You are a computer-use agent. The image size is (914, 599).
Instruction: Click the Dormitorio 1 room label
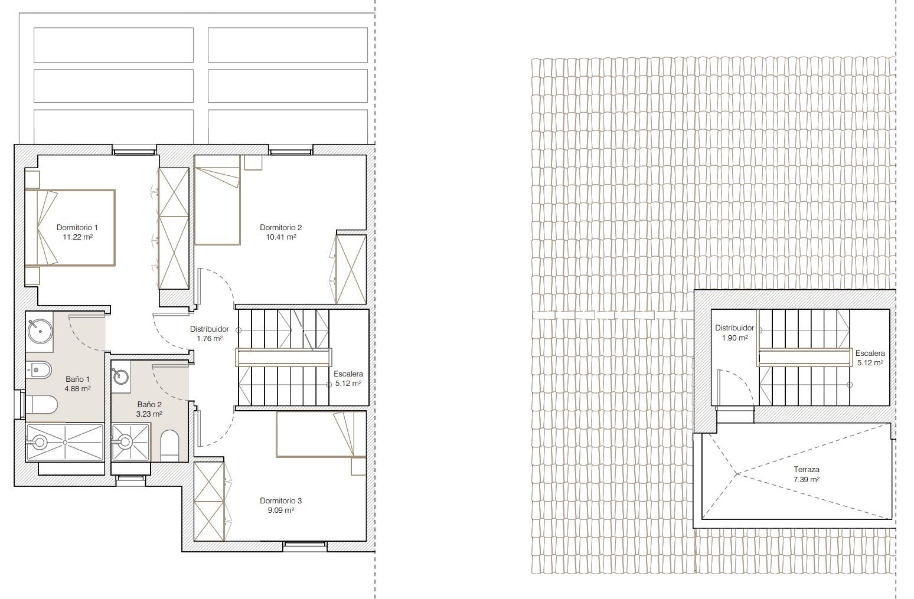click(x=77, y=228)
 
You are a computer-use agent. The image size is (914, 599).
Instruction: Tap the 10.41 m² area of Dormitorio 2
click(x=281, y=237)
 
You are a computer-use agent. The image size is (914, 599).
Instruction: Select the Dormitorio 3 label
click(x=280, y=500)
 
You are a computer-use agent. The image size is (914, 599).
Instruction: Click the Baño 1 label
click(x=77, y=379)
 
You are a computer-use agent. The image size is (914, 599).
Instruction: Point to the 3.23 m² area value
click(x=149, y=414)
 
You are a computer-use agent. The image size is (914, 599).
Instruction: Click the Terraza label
click(x=807, y=470)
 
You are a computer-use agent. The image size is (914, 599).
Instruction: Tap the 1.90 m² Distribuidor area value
click(x=735, y=338)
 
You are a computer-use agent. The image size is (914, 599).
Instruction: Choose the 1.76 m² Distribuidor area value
click(x=210, y=338)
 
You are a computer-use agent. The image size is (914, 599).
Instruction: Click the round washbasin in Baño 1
click(x=40, y=330)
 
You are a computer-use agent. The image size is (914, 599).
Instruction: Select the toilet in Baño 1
click(x=41, y=404)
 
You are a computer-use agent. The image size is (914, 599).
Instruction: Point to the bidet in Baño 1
click(x=39, y=370)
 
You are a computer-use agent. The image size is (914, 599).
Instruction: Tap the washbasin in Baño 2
click(x=121, y=377)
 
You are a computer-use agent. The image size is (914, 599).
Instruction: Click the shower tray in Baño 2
click(x=130, y=443)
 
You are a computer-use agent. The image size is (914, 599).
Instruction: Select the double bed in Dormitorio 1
click(x=70, y=228)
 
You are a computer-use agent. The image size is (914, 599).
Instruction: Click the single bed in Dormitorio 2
click(x=217, y=200)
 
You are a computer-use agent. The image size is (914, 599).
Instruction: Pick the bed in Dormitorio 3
click(x=321, y=434)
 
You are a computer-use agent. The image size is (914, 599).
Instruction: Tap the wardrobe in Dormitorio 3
click(x=210, y=501)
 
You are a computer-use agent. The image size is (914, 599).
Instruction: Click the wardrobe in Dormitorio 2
click(x=351, y=269)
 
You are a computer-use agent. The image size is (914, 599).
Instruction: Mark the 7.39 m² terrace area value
click(x=807, y=480)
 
